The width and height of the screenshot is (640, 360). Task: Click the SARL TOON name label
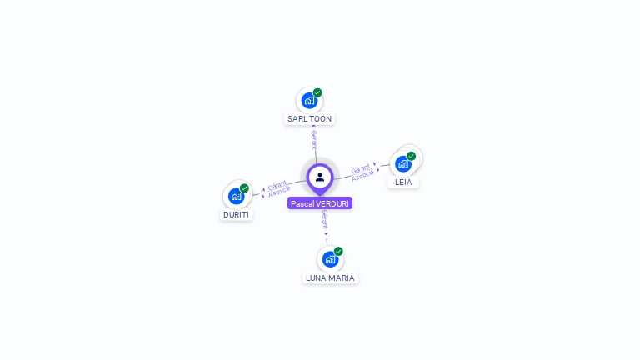pyautogui.click(x=309, y=119)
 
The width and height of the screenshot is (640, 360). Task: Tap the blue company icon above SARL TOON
pyautogui.click(x=309, y=100)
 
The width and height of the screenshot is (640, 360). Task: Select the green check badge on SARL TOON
pyautogui.click(x=317, y=92)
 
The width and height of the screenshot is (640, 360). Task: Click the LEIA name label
pyautogui.click(x=403, y=182)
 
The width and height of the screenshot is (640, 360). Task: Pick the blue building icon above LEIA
pyautogui.click(x=403, y=164)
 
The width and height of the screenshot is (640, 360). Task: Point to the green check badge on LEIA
pyautogui.click(x=411, y=156)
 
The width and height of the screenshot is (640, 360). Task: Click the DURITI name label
pyautogui.click(x=236, y=215)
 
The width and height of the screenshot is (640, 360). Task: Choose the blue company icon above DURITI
pyautogui.click(x=237, y=197)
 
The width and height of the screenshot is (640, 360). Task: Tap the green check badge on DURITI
pyautogui.click(x=244, y=188)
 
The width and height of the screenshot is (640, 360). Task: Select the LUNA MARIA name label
pyautogui.click(x=330, y=278)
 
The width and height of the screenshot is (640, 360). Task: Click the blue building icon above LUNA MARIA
pyautogui.click(x=330, y=259)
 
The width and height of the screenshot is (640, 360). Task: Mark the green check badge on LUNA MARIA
pyautogui.click(x=338, y=252)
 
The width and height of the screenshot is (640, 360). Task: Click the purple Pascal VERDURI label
pyautogui.click(x=320, y=203)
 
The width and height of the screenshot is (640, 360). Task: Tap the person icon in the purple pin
pyautogui.click(x=320, y=177)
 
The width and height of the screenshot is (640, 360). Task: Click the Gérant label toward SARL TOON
pyautogui.click(x=314, y=140)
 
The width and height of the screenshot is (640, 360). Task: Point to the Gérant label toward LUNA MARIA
pyautogui.click(x=325, y=219)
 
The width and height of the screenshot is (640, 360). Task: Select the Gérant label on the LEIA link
pyautogui.click(x=361, y=168)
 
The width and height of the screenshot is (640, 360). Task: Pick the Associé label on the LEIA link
pyautogui.click(x=362, y=175)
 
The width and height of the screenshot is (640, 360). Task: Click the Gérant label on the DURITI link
pyautogui.click(x=277, y=185)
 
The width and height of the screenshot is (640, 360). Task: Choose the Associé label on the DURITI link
pyautogui.click(x=279, y=192)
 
